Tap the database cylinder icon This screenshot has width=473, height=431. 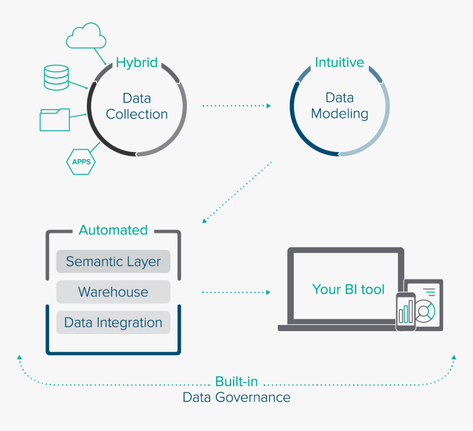(x=56, y=78)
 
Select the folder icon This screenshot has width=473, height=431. (x=54, y=120)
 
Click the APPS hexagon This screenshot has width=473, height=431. (x=81, y=162)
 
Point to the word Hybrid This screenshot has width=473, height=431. (x=136, y=63)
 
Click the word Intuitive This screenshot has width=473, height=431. (x=339, y=63)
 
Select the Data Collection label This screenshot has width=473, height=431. (x=136, y=106)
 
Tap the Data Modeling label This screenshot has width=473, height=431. (x=339, y=106)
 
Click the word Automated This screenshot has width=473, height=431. (x=113, y=230)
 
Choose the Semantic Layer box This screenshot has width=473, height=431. (x=113, y=261)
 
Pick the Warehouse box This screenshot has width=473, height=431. (x=113, y=292)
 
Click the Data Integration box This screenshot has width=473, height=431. (x=113, y=322)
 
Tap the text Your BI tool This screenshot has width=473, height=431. (x=348, y=289)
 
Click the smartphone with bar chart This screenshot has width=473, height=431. (x=406, y=311)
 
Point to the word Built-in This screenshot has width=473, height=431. (x=237, y=382)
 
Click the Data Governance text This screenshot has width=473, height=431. (x=237, y=397)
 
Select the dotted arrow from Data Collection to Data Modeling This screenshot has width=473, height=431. (x=237, y=105)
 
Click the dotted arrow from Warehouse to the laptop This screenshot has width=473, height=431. (x=237, y=292)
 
